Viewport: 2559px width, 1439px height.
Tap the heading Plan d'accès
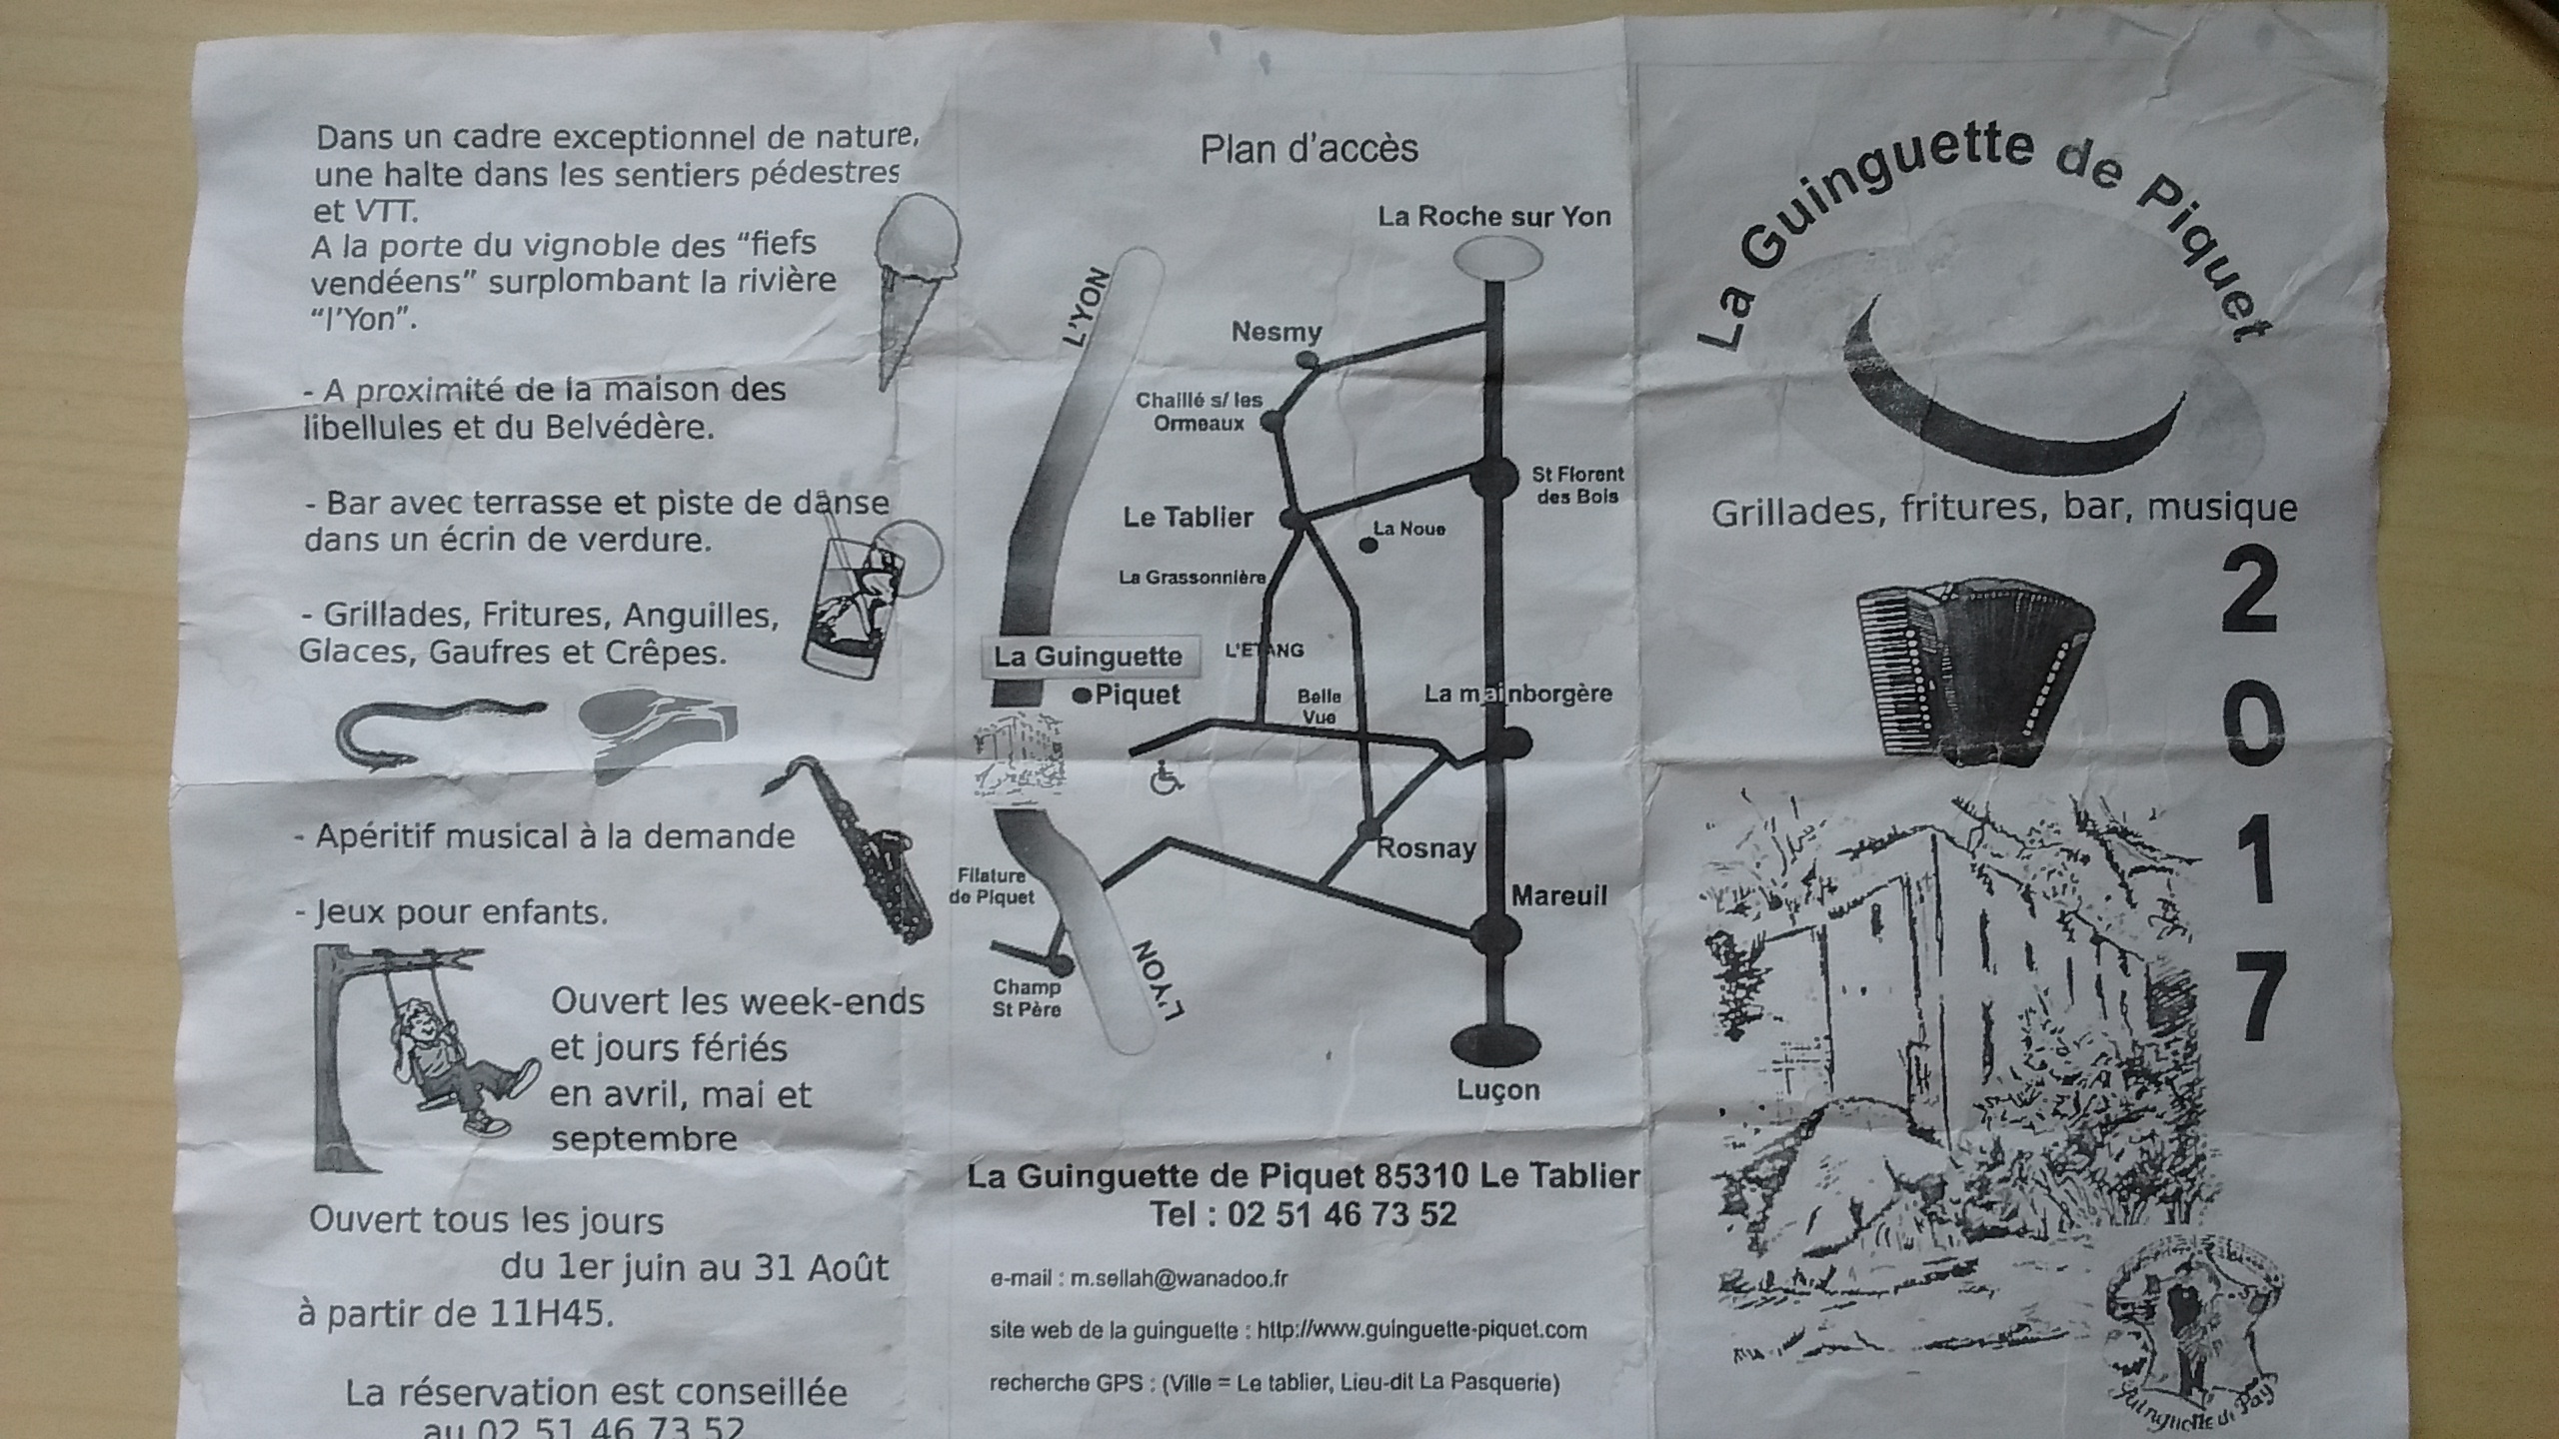[x=1308, y=150]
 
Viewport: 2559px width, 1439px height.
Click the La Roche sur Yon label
[x=1493, y=217]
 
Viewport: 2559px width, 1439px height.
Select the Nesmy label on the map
[x=1276, y=332]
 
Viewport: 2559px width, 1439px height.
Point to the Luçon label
[x=1497, y=1090]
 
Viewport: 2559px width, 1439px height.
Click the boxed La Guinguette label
[x=1088, y=657]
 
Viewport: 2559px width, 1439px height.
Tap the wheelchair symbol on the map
[x=1166, y=777]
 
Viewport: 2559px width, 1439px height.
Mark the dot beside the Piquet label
[x=1081, y=697]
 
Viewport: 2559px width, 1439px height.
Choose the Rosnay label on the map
[x=1426, y=849]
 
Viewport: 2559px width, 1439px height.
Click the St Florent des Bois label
[x=1577, y=485]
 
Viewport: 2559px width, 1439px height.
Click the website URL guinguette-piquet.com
[x=1422, y=1330]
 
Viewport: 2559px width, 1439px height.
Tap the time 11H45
[x=549, y=1312]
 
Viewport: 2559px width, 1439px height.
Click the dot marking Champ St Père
[x=1061, y=965]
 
